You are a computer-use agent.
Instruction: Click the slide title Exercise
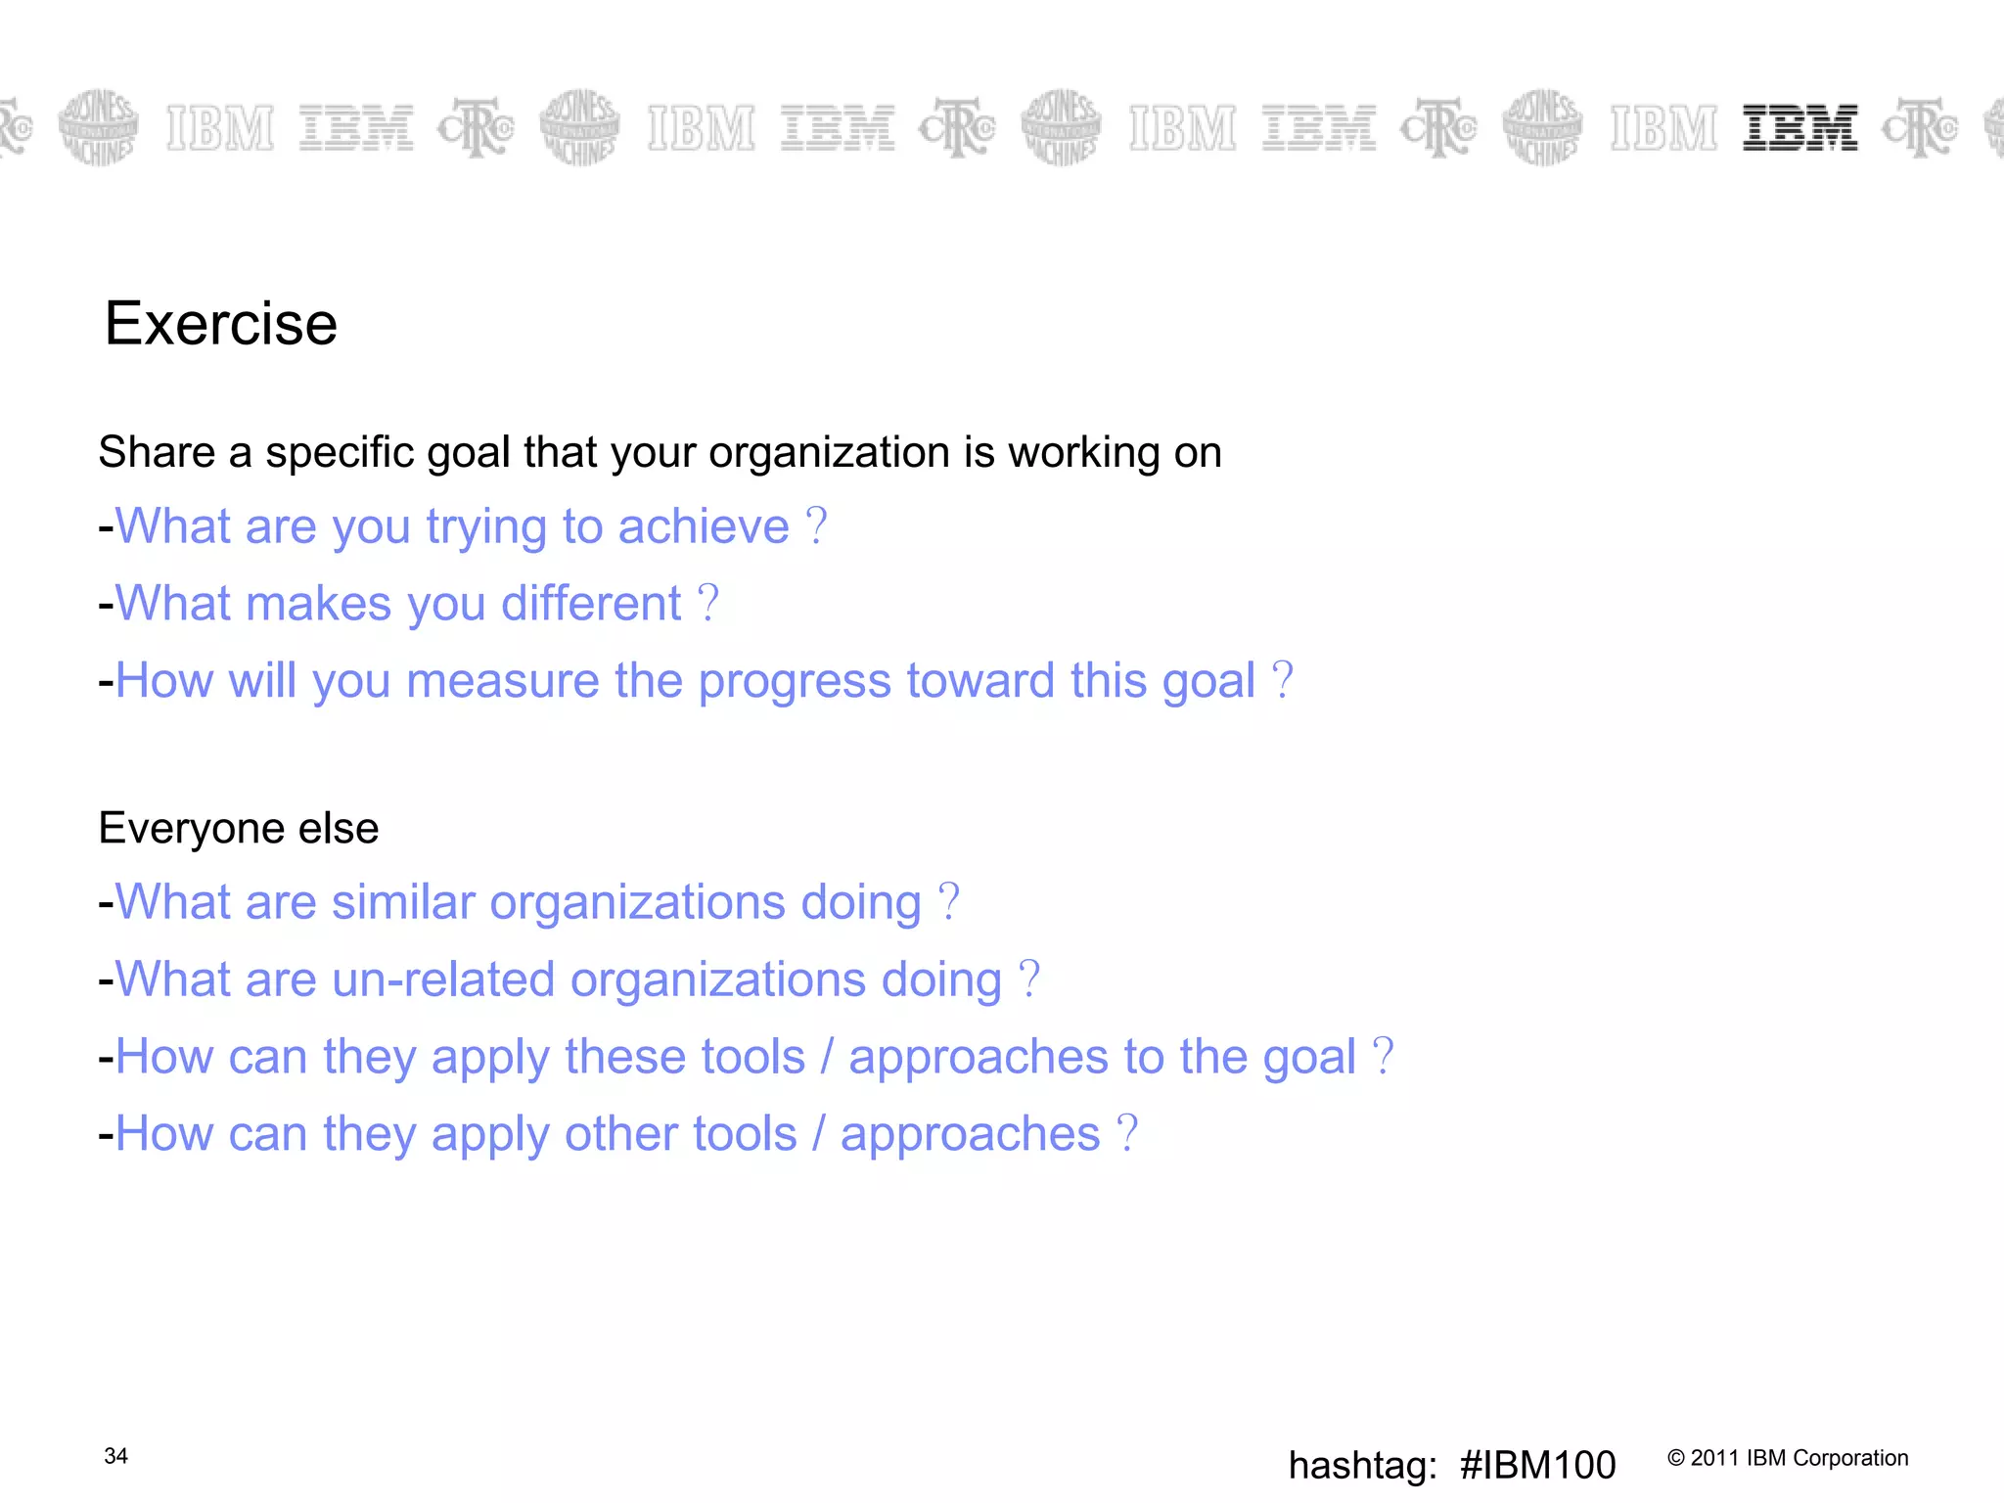click(221, 324)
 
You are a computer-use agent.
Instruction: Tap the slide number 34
click(115, 1456)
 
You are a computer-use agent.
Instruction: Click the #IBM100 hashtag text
click(1537, 1465)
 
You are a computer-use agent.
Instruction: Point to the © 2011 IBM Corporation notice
click(1788, 1458)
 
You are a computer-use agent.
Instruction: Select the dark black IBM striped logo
click(1799, 128)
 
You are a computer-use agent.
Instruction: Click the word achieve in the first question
click(704, 526)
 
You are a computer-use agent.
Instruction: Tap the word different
click(591, 604)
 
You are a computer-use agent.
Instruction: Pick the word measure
click(502, 680)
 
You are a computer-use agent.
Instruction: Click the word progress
click(795, 682)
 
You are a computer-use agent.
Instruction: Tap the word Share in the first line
click(157, 452)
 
